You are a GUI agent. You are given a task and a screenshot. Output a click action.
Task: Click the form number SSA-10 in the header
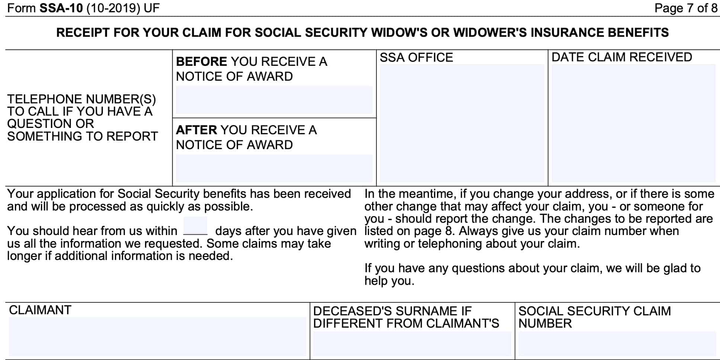61,8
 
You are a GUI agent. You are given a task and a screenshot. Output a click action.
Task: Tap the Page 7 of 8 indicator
685,8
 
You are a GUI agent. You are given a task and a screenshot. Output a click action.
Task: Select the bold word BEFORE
201,61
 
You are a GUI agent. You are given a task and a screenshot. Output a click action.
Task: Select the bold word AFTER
196,130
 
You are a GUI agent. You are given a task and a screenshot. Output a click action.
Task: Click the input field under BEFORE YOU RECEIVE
274,100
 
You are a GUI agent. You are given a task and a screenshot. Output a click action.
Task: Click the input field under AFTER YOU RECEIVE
274,168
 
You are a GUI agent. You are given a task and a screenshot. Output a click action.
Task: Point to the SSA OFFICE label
416,58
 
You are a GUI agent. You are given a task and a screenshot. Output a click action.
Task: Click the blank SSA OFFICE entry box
462,123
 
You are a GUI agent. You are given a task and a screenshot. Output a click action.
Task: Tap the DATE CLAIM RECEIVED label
621,57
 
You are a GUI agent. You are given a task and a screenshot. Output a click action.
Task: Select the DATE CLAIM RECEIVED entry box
633,123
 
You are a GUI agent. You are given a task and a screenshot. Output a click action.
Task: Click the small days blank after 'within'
195,226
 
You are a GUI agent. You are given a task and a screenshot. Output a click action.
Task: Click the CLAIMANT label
40,310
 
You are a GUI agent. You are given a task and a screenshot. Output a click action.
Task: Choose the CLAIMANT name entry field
157,337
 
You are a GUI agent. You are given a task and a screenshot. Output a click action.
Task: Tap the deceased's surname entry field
412,344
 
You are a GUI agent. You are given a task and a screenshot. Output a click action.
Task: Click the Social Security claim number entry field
617,344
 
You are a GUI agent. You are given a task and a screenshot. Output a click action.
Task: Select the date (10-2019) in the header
113,8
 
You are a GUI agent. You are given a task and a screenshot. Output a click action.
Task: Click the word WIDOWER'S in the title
490,33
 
